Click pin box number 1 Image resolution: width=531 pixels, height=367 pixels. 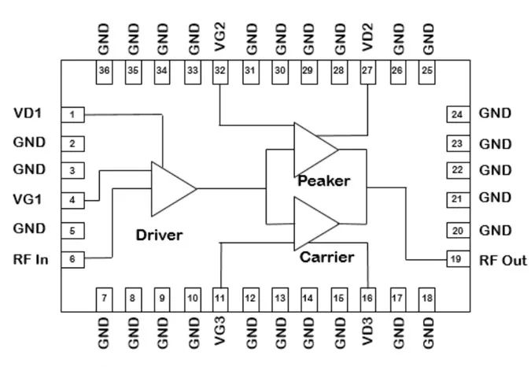point(72,115)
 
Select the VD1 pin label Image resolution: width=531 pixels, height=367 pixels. point(28,113)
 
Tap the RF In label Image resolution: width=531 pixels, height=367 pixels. point(31,259)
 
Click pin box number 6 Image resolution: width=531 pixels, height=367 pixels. point(72,259)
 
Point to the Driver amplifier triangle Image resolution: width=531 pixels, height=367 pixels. point(169,189)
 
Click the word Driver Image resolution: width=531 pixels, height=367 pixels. point(159,235)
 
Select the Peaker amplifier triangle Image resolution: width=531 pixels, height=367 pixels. point(313,149)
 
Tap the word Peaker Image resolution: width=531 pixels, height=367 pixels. point(323,181)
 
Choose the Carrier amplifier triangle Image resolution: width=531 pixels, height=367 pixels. point(313,223)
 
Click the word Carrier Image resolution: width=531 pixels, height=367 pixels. point(326,257)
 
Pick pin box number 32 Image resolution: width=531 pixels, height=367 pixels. point(220,71)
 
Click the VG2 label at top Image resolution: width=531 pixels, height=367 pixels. point(221,38)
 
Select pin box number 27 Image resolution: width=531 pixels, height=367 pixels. point(367,71)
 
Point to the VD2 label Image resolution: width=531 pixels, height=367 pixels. point(368,38)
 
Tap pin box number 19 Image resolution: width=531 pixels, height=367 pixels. point(456,259)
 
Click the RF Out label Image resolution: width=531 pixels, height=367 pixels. point(503,260)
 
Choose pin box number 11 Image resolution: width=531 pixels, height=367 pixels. point(220,298)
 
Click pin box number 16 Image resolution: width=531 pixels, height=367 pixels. point(367,298)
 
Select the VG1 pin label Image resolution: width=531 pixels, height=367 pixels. point(28,199)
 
